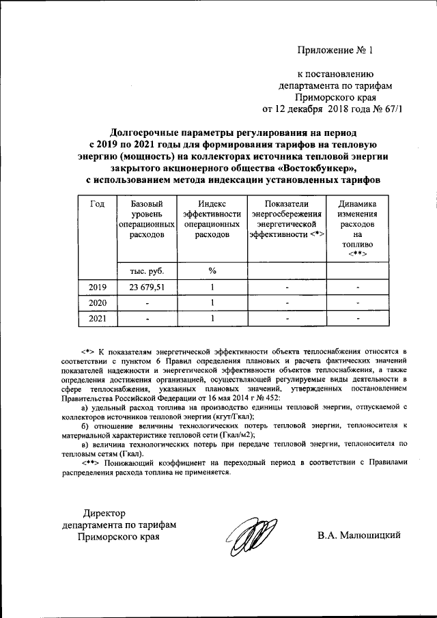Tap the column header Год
[x=97, y=204]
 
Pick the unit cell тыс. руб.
[x=142, y=271]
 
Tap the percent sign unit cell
[x=212, y=271]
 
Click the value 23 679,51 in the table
[x=143, y=287]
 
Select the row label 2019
[x=98, y=287]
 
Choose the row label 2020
[x=98, y=303]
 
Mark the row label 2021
[x=98, y=318]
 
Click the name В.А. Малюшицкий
[x=358, y=535]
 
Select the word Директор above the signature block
[x=105, y=513]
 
